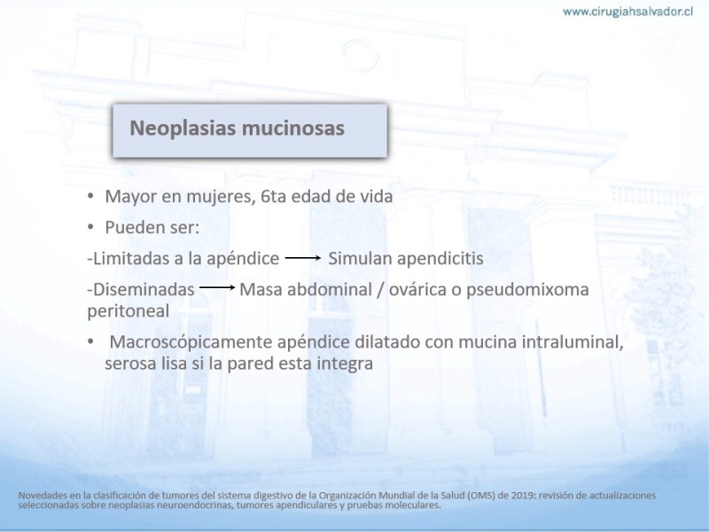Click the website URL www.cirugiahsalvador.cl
[627, 12]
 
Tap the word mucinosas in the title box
[293, 128]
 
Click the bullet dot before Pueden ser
[90, 227]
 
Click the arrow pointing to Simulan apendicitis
[303, 258]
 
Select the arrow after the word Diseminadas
[217, 287]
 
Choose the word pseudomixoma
[527, 290]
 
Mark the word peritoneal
[129, 312]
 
